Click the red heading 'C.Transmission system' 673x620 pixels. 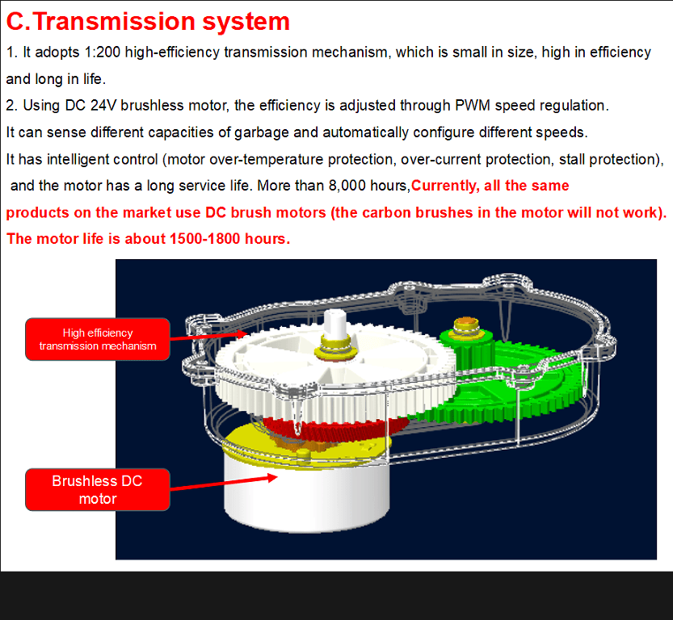pos(148,22)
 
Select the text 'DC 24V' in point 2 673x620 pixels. pos(90,106)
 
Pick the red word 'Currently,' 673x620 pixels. pos(445,186)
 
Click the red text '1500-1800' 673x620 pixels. pos(204,239)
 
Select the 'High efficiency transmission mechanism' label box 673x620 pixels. pos(98,339)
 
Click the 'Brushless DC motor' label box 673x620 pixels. pos(98,490)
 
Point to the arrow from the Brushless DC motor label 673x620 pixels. pos(224,483)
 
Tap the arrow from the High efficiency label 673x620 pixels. pos(208,336)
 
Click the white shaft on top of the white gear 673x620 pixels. pos(334,325)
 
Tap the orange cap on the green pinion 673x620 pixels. pos(466,322)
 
